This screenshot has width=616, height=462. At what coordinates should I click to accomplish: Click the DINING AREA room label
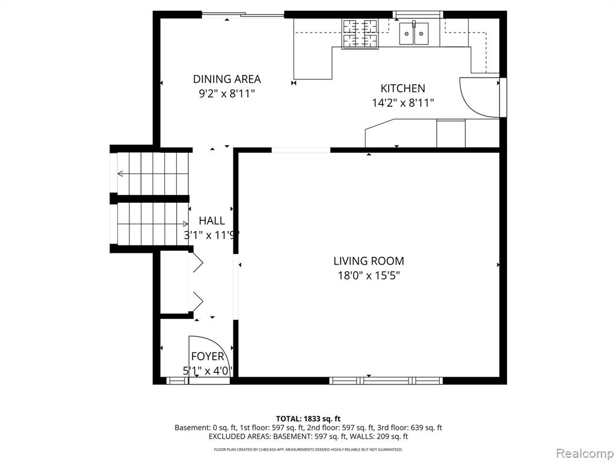click(x=227, y=79)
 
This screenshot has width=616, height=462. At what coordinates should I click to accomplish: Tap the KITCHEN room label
click(x=402, y=88)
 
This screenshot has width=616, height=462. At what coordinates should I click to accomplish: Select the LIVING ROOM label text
click(x=369, y=261)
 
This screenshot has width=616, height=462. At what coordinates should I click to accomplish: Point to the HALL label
click(x=212, y=220)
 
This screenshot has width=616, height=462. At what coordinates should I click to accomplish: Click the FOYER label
click(x=208, y=357)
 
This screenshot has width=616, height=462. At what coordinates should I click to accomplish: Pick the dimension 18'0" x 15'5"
click(x=369, y=276)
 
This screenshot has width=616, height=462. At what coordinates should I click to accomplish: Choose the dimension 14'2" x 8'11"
click(x=402, y=103)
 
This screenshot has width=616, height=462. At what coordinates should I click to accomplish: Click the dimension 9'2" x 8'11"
click(x=227, y=93)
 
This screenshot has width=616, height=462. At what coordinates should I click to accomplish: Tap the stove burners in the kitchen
click(x=360, y=34)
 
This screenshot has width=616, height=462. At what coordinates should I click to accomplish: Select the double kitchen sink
click(x=414, y=34)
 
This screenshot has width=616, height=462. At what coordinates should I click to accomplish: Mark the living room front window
click(x=386, y=380)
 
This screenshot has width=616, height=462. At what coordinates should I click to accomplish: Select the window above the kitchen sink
click(x=417, y=14)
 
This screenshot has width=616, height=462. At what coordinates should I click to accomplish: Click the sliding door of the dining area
click(x=243, y=15)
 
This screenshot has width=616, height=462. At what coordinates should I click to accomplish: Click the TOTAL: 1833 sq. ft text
click(x=308, y=419)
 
